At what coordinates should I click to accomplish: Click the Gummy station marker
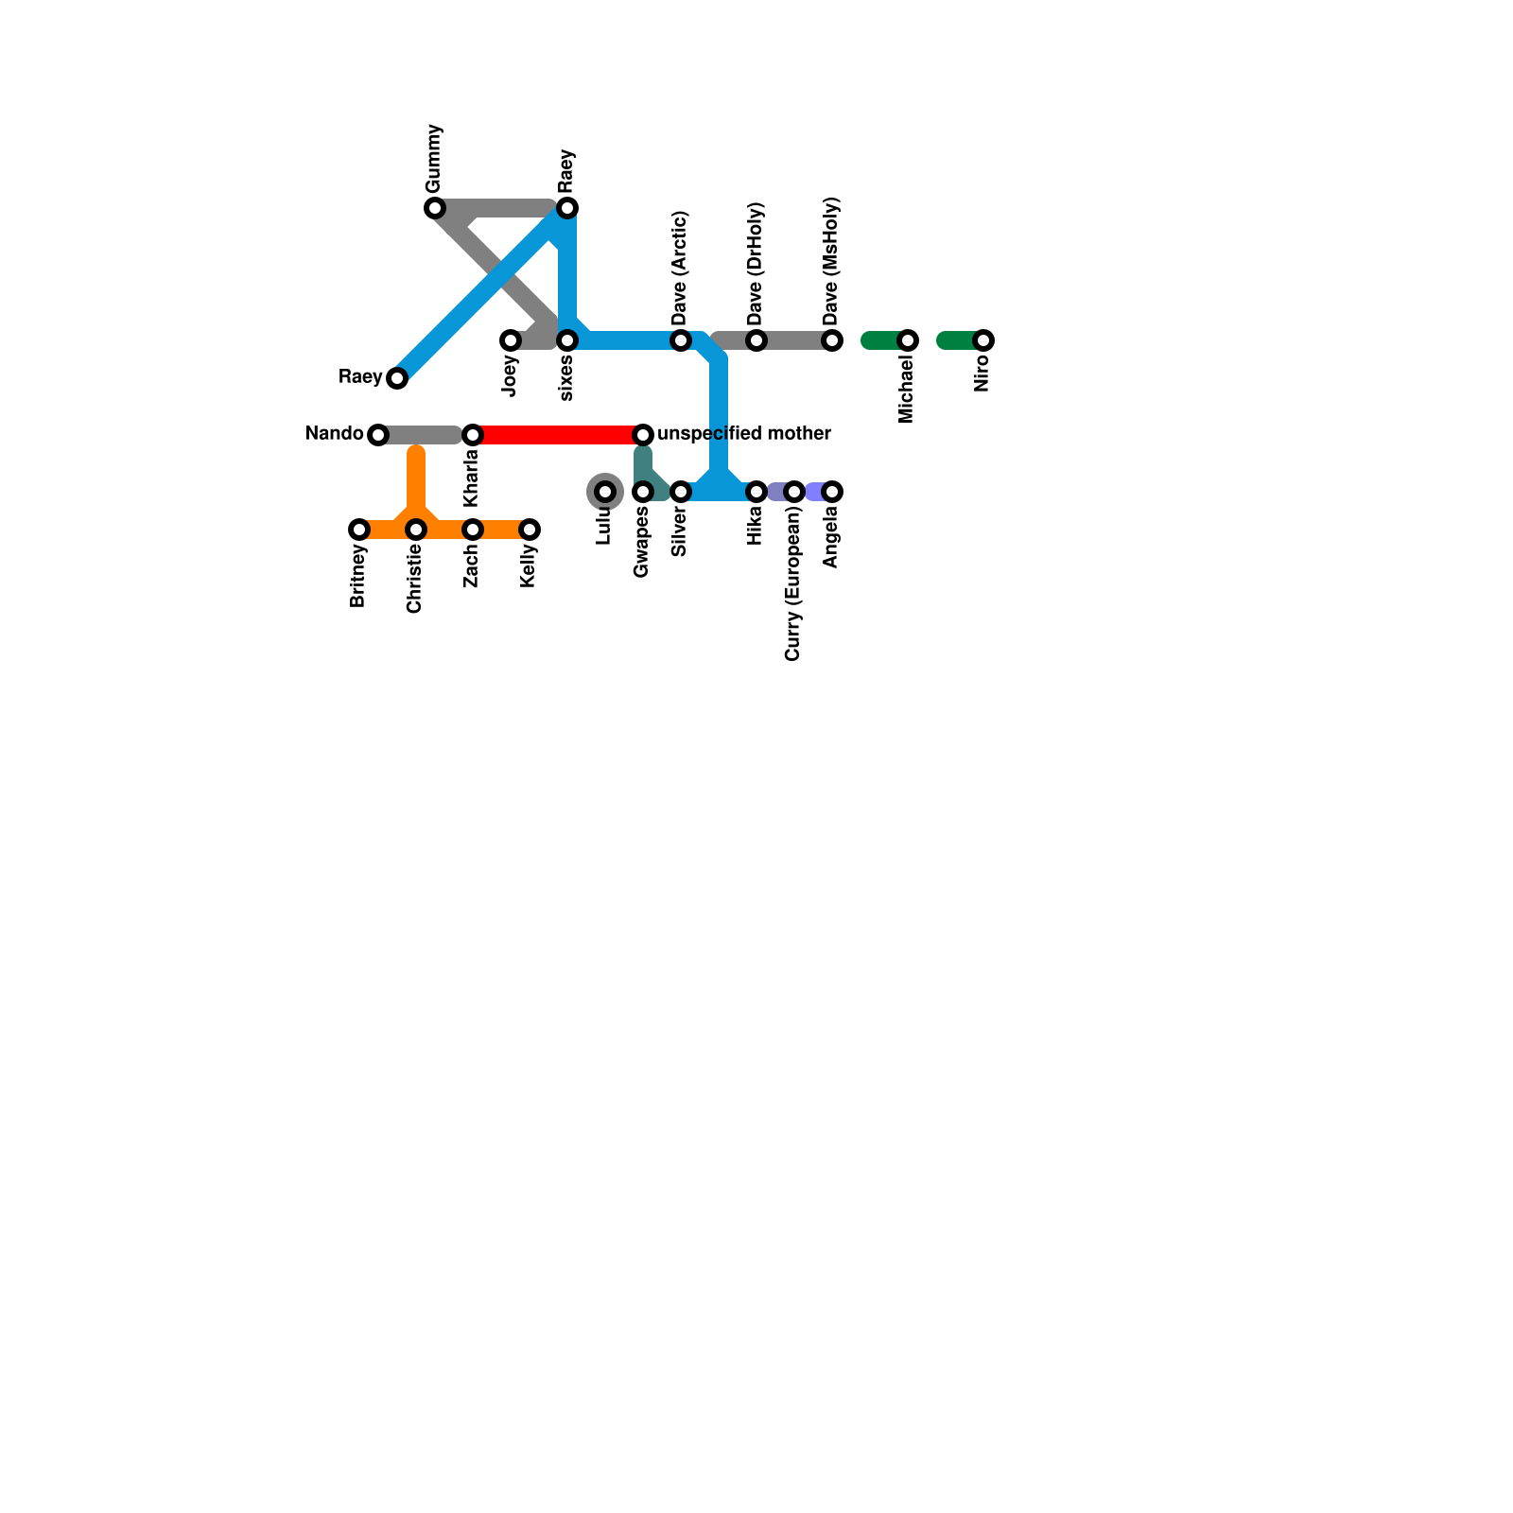coord(435,208)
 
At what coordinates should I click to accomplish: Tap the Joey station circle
coord(511,340)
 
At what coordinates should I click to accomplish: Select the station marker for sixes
coord(567,340)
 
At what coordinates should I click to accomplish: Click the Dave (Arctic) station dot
coord(681,340)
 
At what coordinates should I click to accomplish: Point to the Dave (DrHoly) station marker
coord(756,340)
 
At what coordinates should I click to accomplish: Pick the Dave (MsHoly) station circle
coord(832,340)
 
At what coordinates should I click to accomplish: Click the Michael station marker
coord(908,340)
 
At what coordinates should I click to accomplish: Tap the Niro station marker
coord(983,340)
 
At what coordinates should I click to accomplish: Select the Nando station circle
coord(378,435)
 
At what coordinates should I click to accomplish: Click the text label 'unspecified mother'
coord(743,433)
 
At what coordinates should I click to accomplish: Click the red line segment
coord(558,435)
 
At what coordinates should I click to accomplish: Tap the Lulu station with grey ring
coord(605,492)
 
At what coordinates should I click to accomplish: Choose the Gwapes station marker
coord(643,492)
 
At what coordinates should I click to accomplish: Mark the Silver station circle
coord(681,492)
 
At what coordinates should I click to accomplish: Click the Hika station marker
coord(756,492)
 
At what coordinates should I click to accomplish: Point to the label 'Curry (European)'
coord(792,583)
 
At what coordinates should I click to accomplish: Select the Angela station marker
coord(832,492)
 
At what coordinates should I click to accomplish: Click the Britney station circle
coord(359,530)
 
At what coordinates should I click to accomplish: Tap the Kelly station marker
coord(530,530)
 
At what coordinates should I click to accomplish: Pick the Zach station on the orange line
coord(473,530)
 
